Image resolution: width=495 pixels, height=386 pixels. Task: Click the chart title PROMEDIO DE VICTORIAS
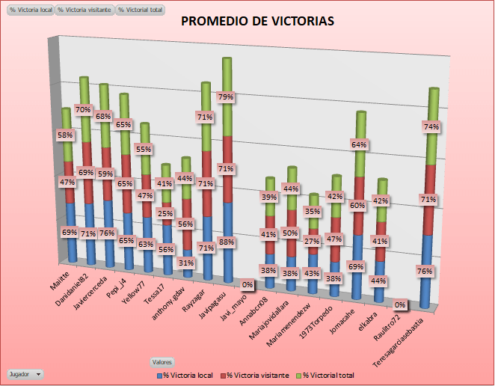[258, 22]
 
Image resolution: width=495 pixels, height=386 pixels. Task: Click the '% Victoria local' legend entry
[186, 374]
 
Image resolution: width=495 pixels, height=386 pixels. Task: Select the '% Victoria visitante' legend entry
[256, 374]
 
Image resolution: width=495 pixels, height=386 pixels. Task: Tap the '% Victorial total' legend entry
[325, 374]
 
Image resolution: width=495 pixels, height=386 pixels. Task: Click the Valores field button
[162, 361]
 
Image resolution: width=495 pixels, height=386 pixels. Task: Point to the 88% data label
[226, 242]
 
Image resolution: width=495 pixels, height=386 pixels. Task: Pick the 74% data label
[431, 127]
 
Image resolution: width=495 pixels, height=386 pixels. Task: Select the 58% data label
[66, 135]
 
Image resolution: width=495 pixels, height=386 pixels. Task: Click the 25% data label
[165, 214]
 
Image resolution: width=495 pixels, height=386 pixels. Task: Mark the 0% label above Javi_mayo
[247, 285]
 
